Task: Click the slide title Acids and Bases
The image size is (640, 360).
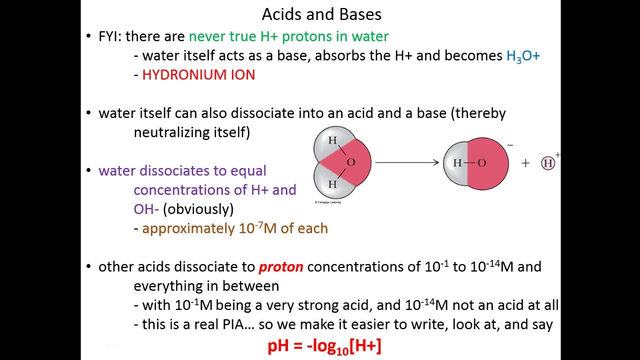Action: coord(321,14)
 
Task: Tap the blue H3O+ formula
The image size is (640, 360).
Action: coord(523,56)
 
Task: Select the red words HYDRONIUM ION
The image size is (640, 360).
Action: coord(198,75)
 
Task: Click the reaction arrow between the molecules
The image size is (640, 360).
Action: coord(406,162)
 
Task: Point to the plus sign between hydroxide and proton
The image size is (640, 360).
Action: coord(525,163)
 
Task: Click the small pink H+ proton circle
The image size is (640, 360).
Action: coord(548,163)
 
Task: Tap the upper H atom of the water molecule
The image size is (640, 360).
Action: coord(332,140)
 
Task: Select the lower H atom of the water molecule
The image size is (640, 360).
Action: coord(332,184)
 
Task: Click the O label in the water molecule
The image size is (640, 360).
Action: coord(351,162)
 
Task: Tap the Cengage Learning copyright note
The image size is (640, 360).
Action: coord(327,202)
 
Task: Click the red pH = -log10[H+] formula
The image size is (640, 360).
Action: coord(324,346)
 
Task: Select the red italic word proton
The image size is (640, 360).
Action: coord(280,267)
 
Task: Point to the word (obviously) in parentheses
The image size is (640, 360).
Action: coord(198,209)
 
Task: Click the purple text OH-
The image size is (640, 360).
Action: coord(146,209)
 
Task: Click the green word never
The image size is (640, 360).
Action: coord(207,36)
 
